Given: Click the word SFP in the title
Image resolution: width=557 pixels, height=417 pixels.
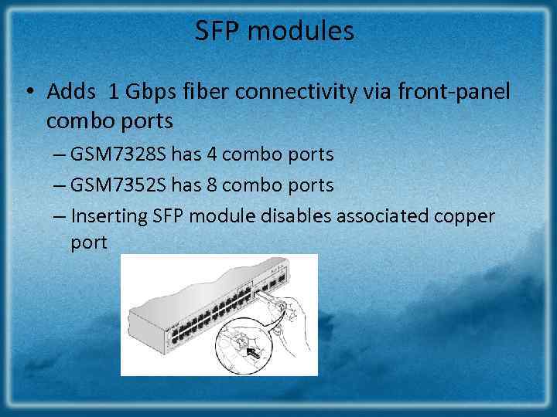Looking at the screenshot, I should pos(215,32).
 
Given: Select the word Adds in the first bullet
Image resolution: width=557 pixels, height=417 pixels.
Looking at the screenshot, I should pos(71,93).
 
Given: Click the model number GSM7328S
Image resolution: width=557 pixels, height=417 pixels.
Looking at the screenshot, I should pos(118,154).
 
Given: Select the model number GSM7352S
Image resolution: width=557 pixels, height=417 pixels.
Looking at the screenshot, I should pos(118,185).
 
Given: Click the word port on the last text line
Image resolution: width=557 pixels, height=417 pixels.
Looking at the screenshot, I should pos(89,242).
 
